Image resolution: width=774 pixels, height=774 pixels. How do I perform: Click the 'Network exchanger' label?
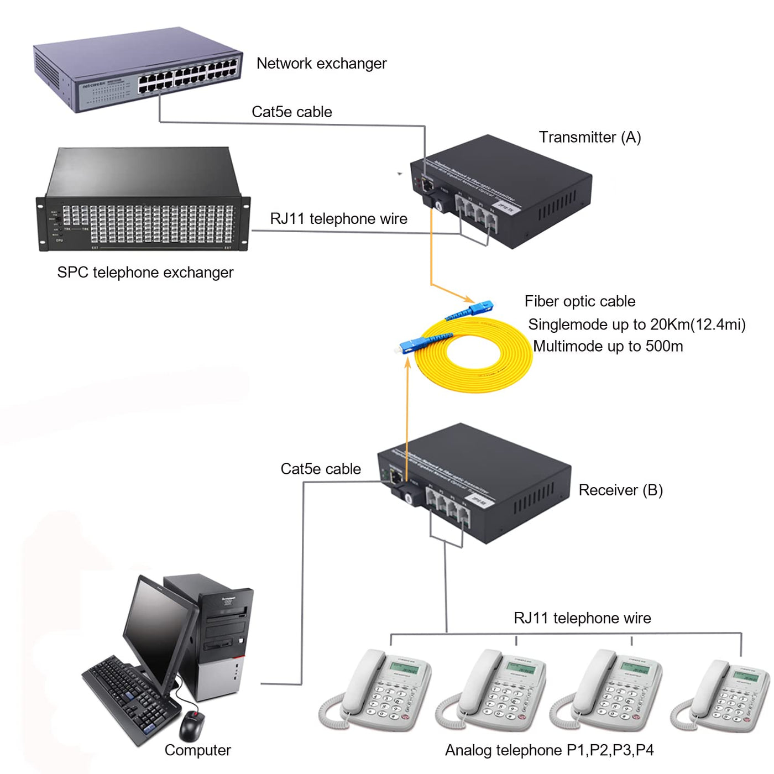(321, 64)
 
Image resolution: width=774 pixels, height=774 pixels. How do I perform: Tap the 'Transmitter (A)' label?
(589, 137)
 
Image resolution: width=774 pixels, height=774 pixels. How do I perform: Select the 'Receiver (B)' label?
(620, 490)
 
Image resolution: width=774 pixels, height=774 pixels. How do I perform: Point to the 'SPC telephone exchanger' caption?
(145, 272)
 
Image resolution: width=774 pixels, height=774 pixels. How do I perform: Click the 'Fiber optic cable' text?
(579, 301)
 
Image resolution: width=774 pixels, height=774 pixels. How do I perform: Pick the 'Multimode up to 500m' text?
(608, 346)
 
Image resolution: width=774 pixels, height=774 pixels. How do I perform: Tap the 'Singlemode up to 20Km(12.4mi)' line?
(636, 324)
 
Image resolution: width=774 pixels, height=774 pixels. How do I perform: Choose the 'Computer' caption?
(197, 750)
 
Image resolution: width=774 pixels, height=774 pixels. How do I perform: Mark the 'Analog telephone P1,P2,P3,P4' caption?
(549, 750)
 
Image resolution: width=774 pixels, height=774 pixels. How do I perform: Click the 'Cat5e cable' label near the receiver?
(321, 469)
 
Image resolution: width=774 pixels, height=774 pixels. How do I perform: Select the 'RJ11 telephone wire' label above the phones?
(582, 618)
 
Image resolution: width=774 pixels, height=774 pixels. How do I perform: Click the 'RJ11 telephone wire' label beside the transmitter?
(338, 219)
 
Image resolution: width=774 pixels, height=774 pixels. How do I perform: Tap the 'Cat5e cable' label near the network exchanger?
(291, 112)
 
